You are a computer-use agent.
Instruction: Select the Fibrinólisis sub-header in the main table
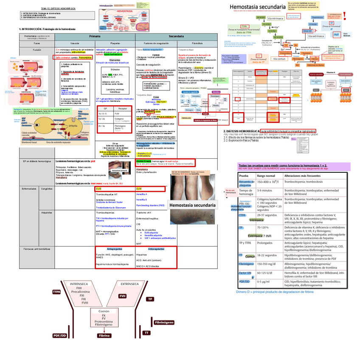(x=197, y=43)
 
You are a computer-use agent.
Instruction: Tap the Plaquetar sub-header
(x=115, y=43)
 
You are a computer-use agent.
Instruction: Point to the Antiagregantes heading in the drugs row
(x=115, y=249)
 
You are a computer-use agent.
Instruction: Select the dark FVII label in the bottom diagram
(x=122, y=296)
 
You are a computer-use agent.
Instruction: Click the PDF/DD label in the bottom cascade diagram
(x=60, y=335)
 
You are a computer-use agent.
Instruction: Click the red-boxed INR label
(x=336, y=34)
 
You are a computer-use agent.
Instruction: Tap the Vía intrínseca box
(x=276, y=19)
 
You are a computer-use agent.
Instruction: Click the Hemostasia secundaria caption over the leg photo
(x=192, y=205)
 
